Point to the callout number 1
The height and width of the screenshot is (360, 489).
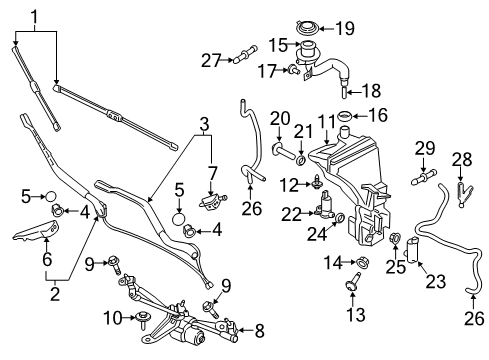pyautogui.click(x=36, y=16)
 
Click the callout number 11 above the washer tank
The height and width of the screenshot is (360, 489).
pyautogui.click(x=325, y=125)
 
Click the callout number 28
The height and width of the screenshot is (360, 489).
pyautogui.click(x=461, y=159)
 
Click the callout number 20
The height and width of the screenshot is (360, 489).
pyautogui.click(x=280, y=118)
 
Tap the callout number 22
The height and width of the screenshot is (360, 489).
pyautogui.click(x=290, y=213)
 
